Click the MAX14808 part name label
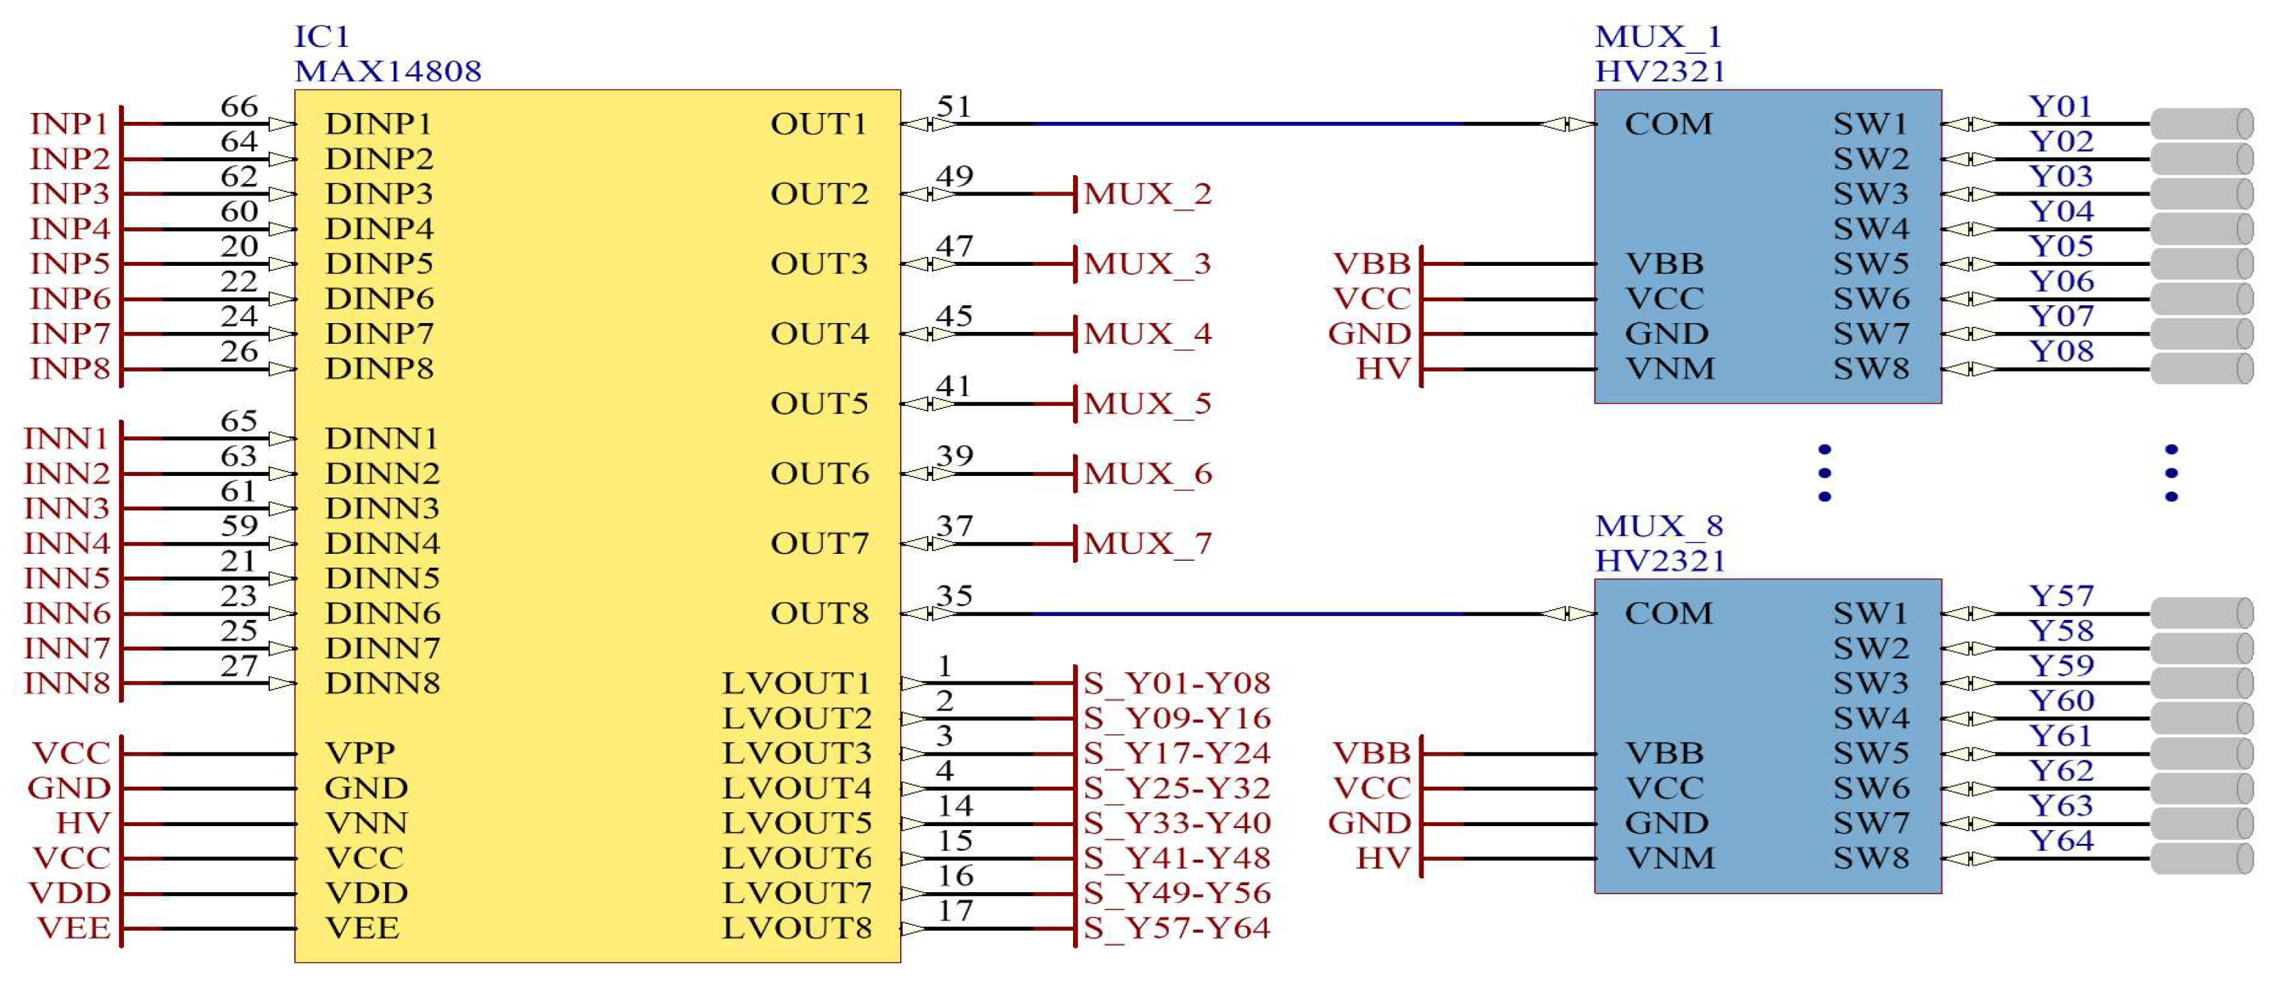click(x=388, y=71)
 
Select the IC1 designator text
click(x=322, y=37)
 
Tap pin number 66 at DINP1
click(x=238, y=106)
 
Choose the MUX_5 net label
click(x=1147, y=404)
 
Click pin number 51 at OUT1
click(x=953, y=106)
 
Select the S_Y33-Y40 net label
click(x=1177, y=823)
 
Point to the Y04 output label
click(x=2061, y=211)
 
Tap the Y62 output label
click(x=2061, y=770)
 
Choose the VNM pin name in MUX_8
click(x=1670, y=858)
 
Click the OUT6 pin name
click(x=820, y=473)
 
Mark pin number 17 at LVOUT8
click(x=955, y=910)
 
